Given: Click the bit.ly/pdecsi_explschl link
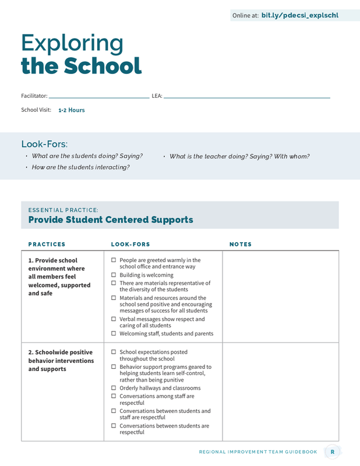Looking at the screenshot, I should pos(299,16).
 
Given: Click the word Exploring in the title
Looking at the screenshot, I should pos(72,43).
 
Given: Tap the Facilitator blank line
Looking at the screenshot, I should pos(98,97).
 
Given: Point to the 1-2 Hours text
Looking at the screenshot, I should pos(72,110).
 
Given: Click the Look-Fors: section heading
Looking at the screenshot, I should pos(44,144).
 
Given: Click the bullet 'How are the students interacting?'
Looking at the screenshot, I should pos(80,167).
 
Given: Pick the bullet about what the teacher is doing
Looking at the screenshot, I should pos(239,156).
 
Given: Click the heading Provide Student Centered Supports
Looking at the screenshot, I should pos(111,220).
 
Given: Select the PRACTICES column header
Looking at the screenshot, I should pos(47,245).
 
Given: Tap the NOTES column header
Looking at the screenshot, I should pos(241,245).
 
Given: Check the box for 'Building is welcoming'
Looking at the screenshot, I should pos(114,275).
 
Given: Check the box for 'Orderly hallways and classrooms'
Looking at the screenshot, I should pos(114,388).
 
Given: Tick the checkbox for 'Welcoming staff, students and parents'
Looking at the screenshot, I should pos(114,334).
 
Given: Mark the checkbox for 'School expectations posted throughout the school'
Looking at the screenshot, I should pos(114,352).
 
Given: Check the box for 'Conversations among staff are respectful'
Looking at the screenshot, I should pos(114,396).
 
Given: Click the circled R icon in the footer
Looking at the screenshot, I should pos(333,451).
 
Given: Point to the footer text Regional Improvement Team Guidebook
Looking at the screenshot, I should pos(258,452).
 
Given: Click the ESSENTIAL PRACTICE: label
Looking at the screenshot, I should pos(63,210).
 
